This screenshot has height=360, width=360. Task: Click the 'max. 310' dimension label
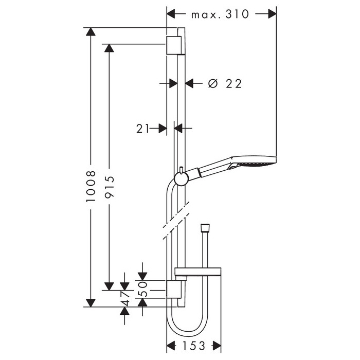[220, 14]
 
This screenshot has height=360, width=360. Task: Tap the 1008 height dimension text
[91, 186]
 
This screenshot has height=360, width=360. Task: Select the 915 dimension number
[109, 187]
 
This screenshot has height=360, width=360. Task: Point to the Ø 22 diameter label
[225, 83]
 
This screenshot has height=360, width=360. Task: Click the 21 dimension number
[143, 129]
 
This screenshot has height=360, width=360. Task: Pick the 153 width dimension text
[193, 346]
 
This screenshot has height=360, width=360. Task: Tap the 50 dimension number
[142, 289]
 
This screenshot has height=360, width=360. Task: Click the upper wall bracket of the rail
[175, 45]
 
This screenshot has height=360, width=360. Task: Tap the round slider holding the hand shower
[182, 178]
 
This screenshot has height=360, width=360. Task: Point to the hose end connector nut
[205, 227]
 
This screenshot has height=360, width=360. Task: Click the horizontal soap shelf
[198, 272]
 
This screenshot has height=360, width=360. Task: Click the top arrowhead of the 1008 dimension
[91, 32]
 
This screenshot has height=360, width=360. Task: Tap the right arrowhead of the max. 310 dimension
[272, 14]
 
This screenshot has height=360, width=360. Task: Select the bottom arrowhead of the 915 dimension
[109, 286]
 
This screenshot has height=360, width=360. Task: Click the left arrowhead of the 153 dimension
[171, 346]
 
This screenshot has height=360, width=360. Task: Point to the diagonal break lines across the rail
[176, 221]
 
